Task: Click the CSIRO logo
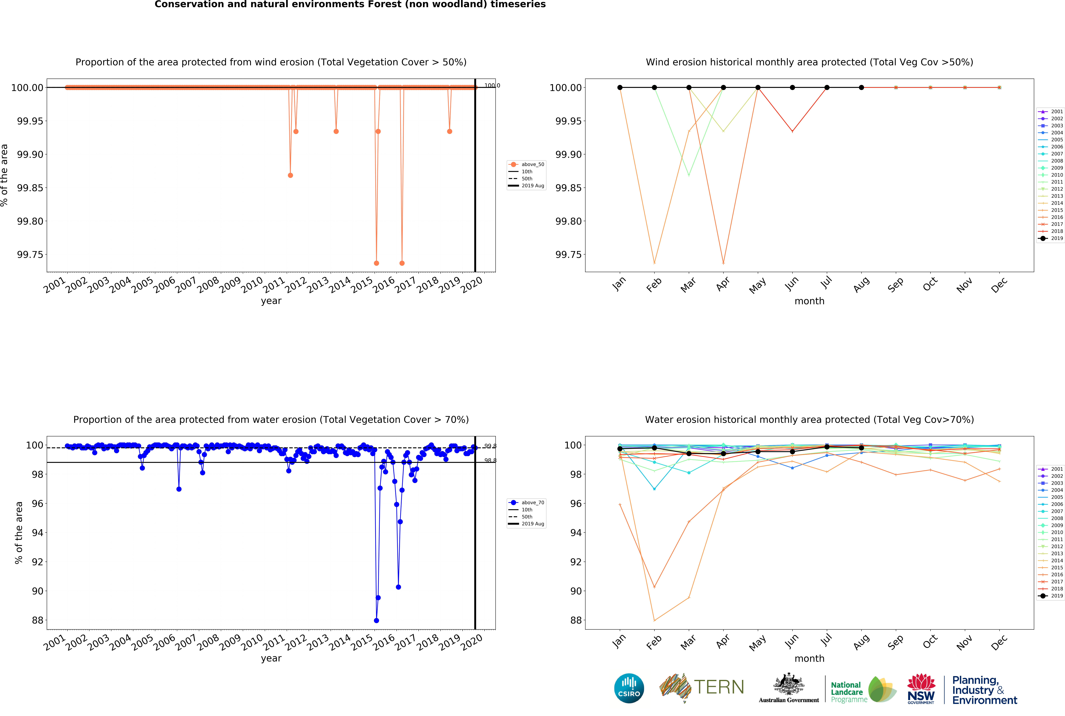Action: [x=629, y=688]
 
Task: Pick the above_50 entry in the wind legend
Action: [x=532, y=164]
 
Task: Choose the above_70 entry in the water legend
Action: [x=532, y=502]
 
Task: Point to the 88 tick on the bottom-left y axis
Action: [x=37, y=620]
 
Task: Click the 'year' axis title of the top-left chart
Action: [x=271, y=301]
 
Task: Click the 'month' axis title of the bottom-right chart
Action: [x=809, y=659]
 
